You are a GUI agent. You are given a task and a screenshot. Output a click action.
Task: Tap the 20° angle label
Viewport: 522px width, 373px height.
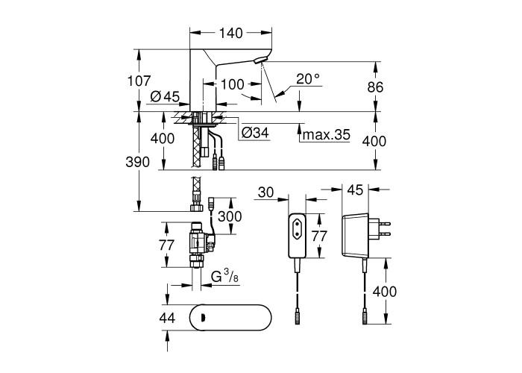click(x=307, y=78)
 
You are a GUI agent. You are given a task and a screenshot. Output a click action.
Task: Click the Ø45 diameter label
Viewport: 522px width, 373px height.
click(x=164, y=96)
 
